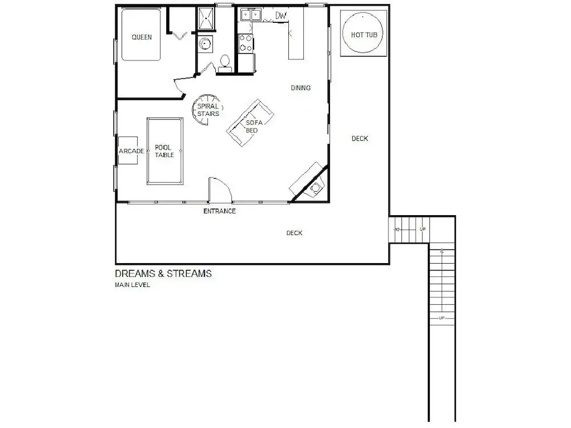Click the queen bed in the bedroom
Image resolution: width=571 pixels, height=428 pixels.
141,35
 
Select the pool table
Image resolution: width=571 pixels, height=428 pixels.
165,151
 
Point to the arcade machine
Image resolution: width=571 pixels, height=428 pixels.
128,150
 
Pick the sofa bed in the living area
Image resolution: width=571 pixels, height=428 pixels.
250,123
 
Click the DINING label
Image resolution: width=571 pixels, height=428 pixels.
301,88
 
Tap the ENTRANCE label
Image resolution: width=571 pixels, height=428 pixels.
220,211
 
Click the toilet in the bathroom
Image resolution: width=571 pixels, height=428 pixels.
224,64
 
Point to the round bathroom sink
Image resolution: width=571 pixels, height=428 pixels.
206,44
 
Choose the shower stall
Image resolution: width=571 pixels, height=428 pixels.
206,18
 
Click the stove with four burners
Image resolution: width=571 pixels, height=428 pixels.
246,43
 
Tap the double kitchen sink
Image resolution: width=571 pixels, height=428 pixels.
251,15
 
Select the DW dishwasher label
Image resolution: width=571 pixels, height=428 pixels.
281,15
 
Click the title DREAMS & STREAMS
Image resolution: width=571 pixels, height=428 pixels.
163,274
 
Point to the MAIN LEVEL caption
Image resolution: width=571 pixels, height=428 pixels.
132,285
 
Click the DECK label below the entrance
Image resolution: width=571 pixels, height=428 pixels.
294,233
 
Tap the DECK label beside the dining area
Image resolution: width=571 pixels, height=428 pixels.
360,138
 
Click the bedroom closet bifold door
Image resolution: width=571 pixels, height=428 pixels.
179,36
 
